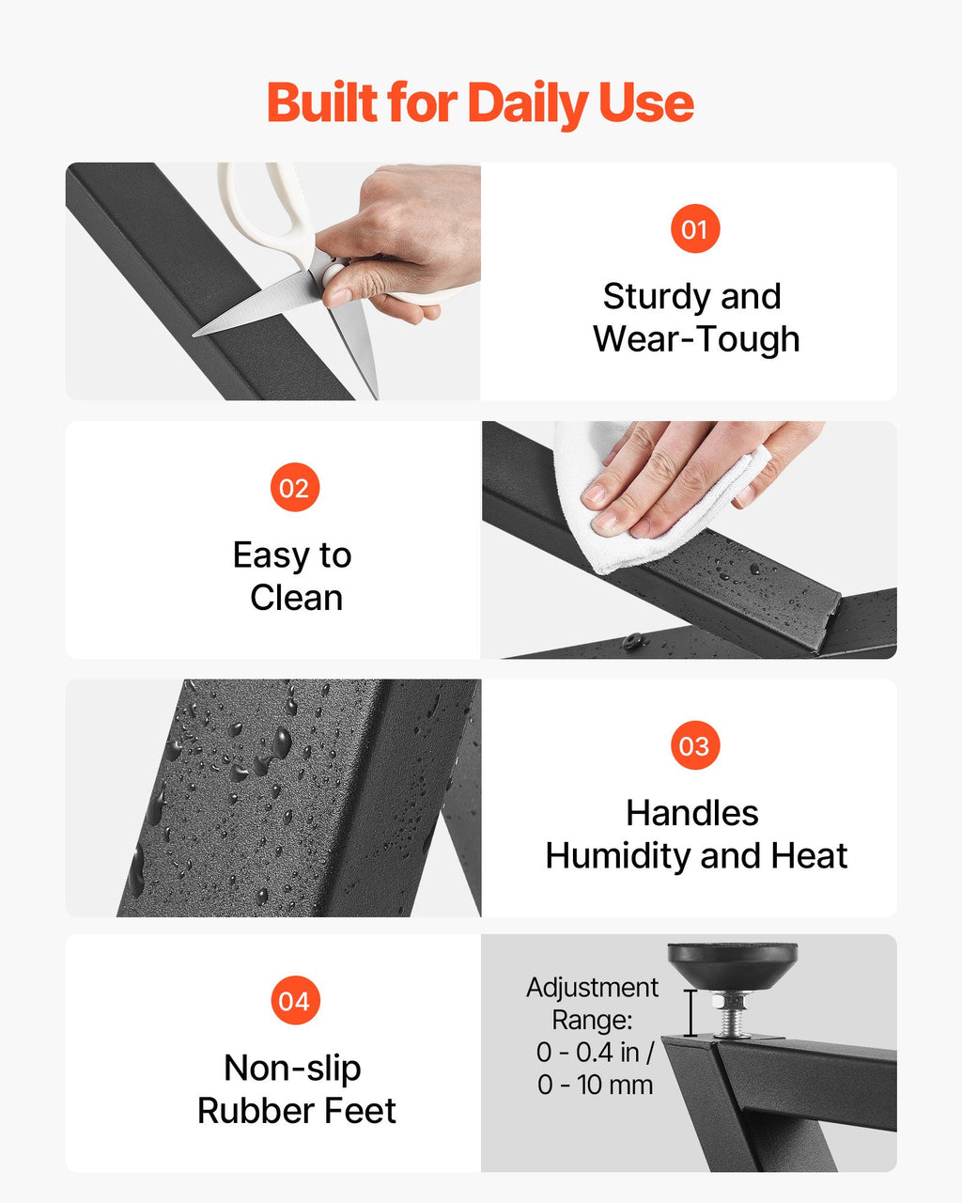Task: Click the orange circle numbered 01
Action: pos(695,228)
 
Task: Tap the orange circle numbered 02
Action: pos(295,488)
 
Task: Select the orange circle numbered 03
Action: pos(695,745)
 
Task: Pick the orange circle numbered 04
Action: pos(295,1000)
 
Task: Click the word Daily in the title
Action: pos(527,104)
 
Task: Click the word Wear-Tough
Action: pos(696,340)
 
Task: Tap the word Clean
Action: pos(296,598)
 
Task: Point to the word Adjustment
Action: pos(592,988)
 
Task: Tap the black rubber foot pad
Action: pos(732,966)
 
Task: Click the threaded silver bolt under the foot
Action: pos(732,1013)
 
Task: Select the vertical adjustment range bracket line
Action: pos(690,1013)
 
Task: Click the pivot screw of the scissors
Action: pos(334,274)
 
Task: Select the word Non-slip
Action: pos(292,1069)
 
